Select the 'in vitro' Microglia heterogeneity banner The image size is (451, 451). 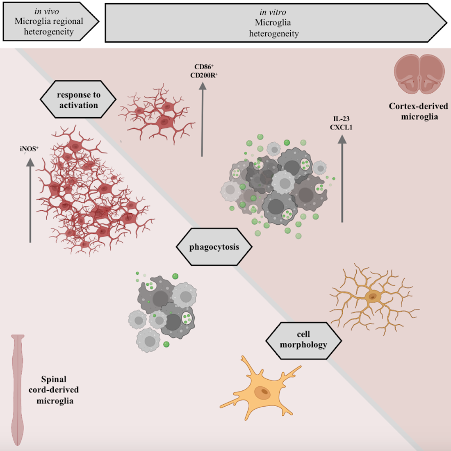coord(275,23)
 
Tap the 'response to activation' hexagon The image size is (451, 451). coord(78,100)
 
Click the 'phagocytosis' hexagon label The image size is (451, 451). coord(214,247)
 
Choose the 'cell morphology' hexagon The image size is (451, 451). coord(303,340)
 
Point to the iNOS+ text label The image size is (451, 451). coord(29,149)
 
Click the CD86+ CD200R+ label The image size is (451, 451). coord(204,71)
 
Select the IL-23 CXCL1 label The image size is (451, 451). coord(341,123)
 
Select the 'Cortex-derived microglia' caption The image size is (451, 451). coord(419,111)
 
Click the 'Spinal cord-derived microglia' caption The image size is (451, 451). coord(54,389)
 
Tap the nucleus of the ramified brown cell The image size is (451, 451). coord(373,296)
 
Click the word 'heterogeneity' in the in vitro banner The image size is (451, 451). coord(274,34)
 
